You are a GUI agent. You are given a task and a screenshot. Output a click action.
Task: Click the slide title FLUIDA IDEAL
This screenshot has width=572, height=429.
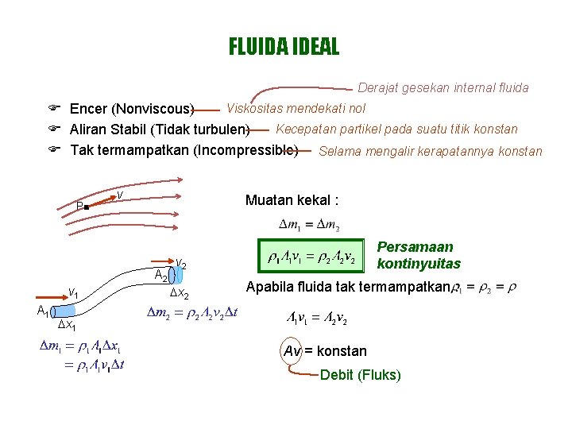[x=284, y=47]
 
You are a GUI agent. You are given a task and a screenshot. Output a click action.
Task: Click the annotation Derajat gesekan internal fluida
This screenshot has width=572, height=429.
[x=443, y=88]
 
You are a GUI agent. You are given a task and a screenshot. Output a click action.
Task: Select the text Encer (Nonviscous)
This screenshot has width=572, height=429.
[x=132, y=109]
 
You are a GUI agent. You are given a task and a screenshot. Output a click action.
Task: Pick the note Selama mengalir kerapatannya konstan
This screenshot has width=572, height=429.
[x=430, y=151]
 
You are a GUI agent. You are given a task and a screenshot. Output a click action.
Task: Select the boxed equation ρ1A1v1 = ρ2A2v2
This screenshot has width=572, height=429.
[x=311, y=259]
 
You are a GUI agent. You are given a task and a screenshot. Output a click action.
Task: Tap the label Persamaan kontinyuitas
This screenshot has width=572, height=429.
[x=418, y=255]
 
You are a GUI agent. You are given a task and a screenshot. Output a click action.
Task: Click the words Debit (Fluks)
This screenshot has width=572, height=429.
[x=360, y=375]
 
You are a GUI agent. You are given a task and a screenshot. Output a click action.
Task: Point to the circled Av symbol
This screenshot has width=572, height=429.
[x=291, y=350]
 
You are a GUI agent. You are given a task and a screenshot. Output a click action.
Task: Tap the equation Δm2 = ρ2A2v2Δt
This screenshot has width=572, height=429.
[x=194, y=314]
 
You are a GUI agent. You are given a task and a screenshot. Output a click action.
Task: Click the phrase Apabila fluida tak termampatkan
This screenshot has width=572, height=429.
[x=348, y=287]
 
